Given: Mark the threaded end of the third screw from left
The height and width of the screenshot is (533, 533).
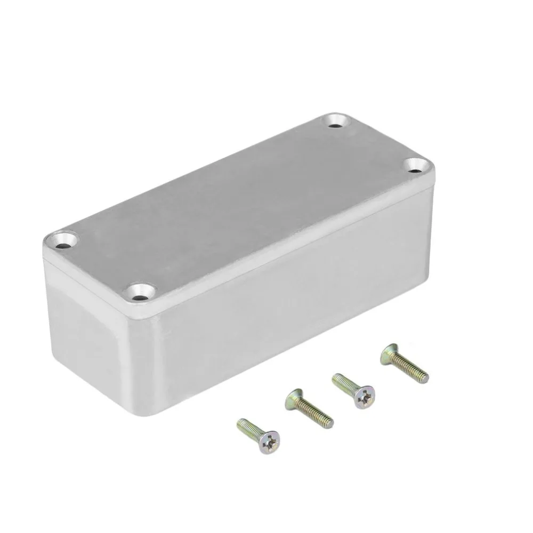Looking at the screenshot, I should [x=336, y=378].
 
